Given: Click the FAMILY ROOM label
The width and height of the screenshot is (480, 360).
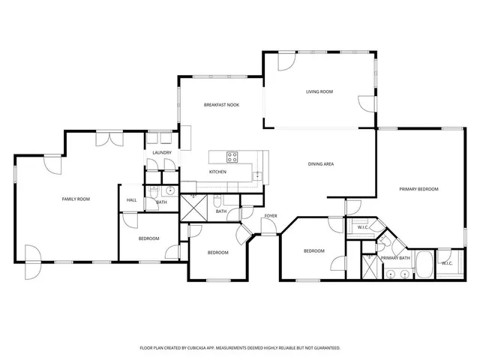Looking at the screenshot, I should click(x=76, y=199).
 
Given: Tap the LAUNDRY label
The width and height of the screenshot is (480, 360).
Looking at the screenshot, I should click(x=162, y=153).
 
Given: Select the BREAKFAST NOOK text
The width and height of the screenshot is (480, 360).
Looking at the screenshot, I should click(x=221, y=105).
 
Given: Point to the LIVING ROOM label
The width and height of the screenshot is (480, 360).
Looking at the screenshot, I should click(x=319, y=91).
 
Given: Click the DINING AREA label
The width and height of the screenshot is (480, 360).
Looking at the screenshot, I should click(x=321, y=163).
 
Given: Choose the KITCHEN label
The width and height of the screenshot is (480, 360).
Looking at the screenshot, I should click(x=217, y=172).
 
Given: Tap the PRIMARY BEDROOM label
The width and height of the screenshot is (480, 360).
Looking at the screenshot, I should click(x=418, y=189).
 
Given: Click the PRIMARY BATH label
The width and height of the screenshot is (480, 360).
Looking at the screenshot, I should click(x=395, y=258).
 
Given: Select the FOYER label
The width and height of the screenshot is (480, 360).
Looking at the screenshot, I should click(x=270, y=216).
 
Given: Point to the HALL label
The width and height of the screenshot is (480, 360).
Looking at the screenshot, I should click(x=131, y=200).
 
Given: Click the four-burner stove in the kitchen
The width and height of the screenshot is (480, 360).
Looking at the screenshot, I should click(x=232, y=157).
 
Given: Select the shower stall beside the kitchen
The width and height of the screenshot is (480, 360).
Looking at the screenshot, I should click(x=193, y=206).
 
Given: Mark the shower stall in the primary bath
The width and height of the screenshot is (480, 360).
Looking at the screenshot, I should click(x=370, y=266).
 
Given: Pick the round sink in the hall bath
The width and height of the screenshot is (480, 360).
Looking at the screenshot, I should click(x=170, y=190).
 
